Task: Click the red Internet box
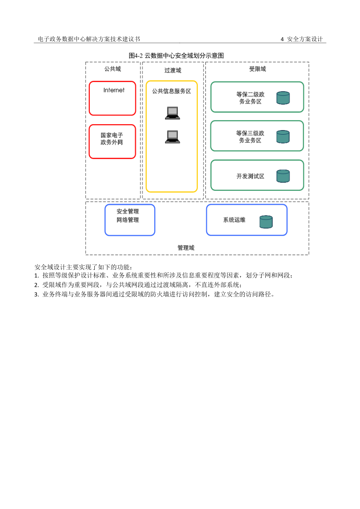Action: click(x=112, y=98)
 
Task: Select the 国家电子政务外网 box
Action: click(x=112, y=141)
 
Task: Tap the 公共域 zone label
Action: click(x=112, y=69)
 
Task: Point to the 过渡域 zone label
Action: click(x=172, y=70)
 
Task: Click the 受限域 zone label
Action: click(x=257, y=69)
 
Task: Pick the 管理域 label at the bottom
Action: click(x=185, y=247)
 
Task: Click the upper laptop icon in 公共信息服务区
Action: click(x=172, y=112)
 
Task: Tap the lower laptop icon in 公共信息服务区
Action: click(x=172, y=136)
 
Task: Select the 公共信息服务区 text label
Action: click(x=171, y=91)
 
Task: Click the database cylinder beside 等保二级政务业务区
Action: click(x=283, y=98)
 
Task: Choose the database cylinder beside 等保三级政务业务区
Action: click(x=283, y=137)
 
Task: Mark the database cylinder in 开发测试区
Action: click(x=283, y=176)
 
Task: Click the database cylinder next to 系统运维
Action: click(x=266, y=222)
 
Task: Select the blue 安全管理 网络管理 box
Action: click(x=130, y=220)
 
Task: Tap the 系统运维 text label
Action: click(x=234, y=220)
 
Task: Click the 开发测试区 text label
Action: click(x=250, y=176)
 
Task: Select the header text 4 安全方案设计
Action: click(x=302, y=39)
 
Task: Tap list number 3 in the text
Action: click(x=36, y=294)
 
